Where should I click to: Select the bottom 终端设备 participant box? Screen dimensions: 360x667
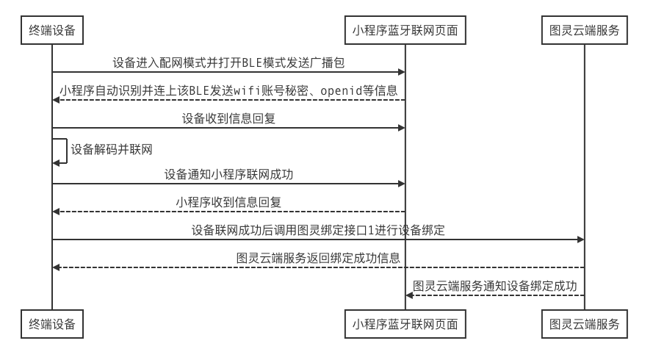(x=51, y=323)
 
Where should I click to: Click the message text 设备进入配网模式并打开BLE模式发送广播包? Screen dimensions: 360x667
(x=228, y=62)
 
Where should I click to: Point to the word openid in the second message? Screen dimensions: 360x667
(x=339, y=90)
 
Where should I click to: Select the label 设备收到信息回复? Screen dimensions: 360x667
(x=228, y=118)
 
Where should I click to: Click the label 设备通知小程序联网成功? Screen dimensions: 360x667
(x=228, y=175)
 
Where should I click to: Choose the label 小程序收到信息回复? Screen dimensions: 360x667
(x=228, y=202)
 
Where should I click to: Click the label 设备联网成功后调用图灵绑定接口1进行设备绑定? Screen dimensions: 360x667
(x=317, y=230)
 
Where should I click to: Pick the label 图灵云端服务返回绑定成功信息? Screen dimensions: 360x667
(x=317, y=258)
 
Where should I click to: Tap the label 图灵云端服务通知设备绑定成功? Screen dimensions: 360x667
(x=495, y=286)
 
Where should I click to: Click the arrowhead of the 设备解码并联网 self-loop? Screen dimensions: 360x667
(x=56, y=163)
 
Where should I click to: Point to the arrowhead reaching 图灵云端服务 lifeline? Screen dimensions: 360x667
(x=580, y=240)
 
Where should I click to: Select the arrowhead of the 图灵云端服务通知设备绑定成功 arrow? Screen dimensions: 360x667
(x=410, y=295)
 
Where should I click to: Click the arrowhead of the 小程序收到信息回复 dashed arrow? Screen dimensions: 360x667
(x=57, y=212)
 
